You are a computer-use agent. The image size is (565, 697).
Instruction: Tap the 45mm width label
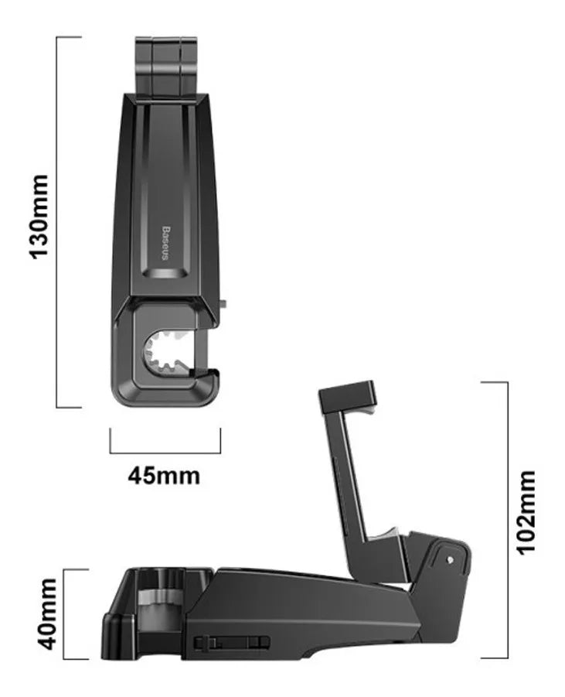[164, 475]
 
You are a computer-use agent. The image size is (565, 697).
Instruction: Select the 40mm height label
[47, 613]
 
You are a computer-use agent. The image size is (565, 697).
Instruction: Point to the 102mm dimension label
[527, 511]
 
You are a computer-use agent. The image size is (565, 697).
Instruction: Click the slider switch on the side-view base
[231, 642]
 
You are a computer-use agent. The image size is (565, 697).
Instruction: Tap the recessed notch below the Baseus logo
[165, 272]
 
